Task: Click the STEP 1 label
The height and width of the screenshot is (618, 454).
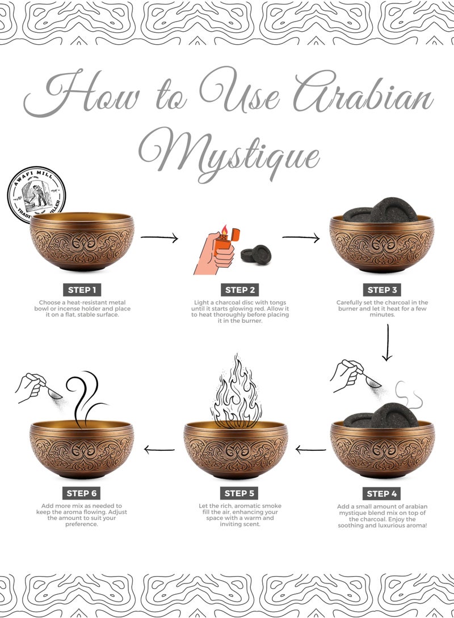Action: [82, 290]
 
